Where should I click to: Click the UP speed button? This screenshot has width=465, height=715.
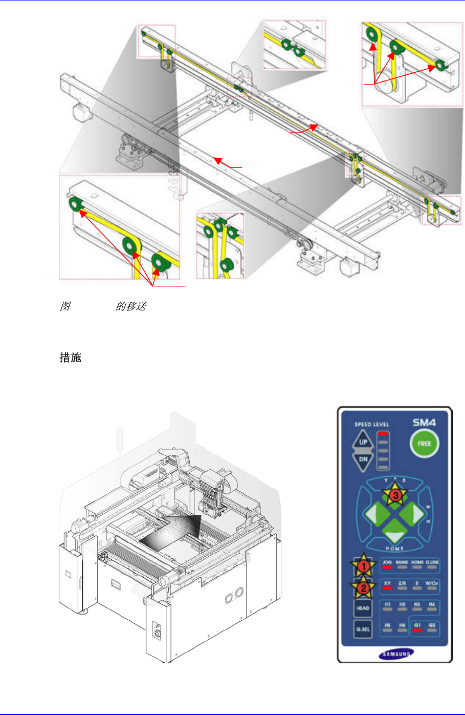pos(363,442)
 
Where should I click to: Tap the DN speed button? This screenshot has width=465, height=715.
pos(363,459)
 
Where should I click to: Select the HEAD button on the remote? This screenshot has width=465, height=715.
pos(363,608)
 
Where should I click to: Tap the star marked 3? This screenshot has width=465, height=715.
pos(395,496)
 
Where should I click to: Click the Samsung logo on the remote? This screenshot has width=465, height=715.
pos(395,654)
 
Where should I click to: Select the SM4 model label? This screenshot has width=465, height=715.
pos(424,423)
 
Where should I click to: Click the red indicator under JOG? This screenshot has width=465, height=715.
pos(387,567)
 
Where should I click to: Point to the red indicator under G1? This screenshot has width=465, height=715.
pos(417,630)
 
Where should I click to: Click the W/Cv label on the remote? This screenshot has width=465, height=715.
pos(432,583)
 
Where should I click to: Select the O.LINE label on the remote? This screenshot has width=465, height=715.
pos(432,562)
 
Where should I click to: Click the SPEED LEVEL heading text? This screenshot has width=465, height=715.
pos(372,425)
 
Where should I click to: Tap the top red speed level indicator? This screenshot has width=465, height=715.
pos(384,434)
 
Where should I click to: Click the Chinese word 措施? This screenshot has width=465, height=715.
pos(71,357)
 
